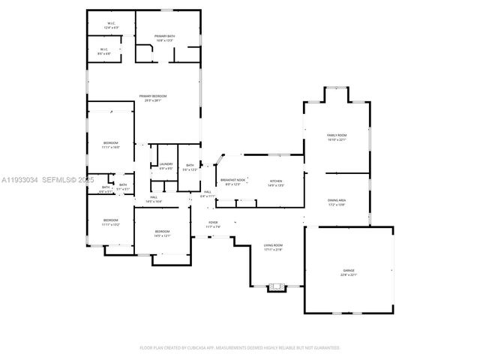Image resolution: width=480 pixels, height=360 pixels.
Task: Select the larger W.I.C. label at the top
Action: pyautogui.click(x=110, y=25)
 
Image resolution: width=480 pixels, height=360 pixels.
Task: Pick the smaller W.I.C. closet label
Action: pyautogui.click(x=105, y=52)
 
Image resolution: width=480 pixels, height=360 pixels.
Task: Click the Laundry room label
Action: pyautogui.click(x=166, y=166)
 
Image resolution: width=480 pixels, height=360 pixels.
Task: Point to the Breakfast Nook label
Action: pyautogui.click(x=230, y=181)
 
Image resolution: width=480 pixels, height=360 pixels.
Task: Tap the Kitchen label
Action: pyautogui.click(x=277, y=181)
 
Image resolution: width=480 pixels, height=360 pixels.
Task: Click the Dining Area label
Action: pyautogui.click(x=336, y=202)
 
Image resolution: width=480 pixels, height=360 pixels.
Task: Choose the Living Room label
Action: pyautogui.click(x=272, y=247)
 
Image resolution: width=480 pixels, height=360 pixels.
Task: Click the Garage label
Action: pyautogui.click(x=349, y=271)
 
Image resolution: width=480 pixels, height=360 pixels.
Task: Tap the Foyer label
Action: pyautogui.click(x=213, y=223)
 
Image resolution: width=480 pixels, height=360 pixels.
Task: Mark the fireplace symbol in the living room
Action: pyautogui.click(x=277, y=286)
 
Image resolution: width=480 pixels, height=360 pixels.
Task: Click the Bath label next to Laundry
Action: pyautogui.click(x=190, y=166)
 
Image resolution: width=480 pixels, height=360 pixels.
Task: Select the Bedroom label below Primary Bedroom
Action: pyautogui.click(x=110, y=144)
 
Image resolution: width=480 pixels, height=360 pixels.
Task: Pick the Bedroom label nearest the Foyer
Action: pyautogui.click(x=162, y=232)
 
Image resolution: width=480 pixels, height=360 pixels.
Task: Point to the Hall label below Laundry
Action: pyautogui.click(x=153, y=199)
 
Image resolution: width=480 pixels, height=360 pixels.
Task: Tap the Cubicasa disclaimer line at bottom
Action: pyautogui.click(x=240, y=348)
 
